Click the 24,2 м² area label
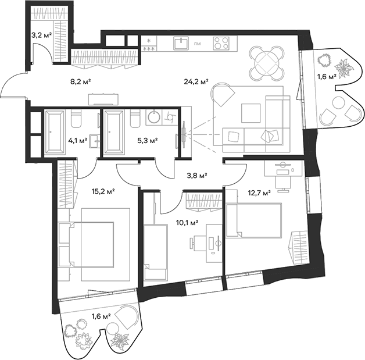[x=196, y=81]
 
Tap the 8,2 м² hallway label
[x=80, y=81]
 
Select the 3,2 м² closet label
[x=41, y=35]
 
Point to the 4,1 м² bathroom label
[x=78, y=140]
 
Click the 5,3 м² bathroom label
[x=148, y=140]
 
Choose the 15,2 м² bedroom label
[x=103, y=192]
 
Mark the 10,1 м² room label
[x=187, y=223]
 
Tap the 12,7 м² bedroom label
[x=259, y=193]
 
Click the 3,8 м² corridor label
[x=197, y=175]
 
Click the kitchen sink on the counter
[x=181, y=43]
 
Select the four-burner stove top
[x=221, y=43]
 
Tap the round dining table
[x=267, y=63]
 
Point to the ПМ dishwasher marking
[x=198, y=44]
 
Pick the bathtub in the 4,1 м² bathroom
[x=55, y=133]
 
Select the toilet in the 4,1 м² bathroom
[x=76, y=119]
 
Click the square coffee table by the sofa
[x=251, y=113]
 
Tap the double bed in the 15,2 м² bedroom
[x=91, y=244]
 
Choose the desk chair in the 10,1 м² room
[x=198, y=243]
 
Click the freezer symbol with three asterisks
[x=149, y=49]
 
